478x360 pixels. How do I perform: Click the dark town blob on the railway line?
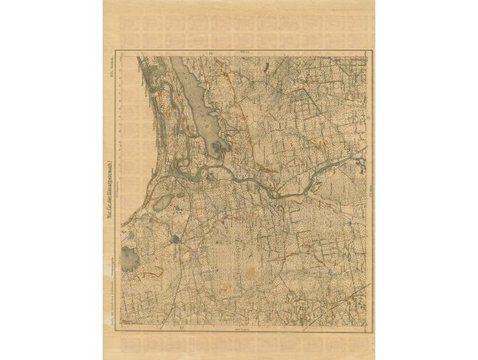(x=176, y=240)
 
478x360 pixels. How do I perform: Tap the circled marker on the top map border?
(x=209, y=53)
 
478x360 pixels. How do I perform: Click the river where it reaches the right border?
(x=363, y=151)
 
